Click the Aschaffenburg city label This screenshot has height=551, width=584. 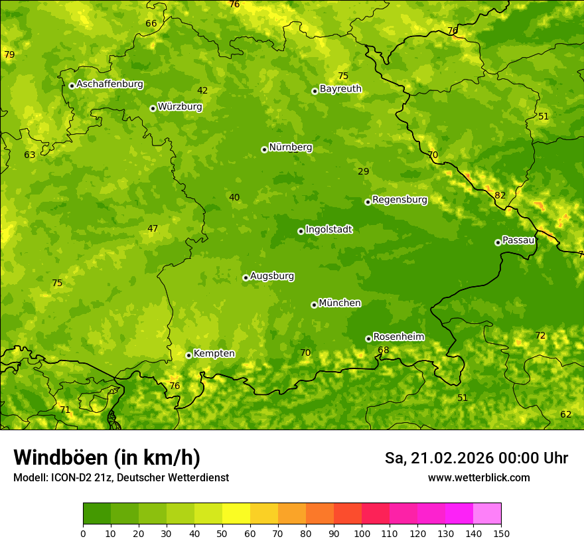[110, 84]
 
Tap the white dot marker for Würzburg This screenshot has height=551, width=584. [153, 108]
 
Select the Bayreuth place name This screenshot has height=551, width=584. [340, 89]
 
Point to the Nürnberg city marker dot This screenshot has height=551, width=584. [264, 149]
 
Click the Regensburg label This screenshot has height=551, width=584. [400, 200]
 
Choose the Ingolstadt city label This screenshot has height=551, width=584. [328, 230]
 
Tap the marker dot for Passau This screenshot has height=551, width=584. [498, 242]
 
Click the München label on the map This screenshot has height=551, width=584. [340, 303]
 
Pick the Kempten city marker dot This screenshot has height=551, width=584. [188, 355]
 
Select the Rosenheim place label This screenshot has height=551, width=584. [398, 337]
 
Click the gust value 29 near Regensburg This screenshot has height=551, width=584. [364, 172]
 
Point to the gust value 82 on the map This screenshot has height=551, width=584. [500, 196]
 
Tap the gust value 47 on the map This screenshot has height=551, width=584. [153, 229]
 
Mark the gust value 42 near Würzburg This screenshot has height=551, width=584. [202, 91]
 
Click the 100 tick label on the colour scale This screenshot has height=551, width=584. [362, 533]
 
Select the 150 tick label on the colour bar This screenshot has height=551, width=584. [501, 533]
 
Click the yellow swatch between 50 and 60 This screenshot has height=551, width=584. [236, 514]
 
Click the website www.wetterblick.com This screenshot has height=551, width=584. [478, 478]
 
